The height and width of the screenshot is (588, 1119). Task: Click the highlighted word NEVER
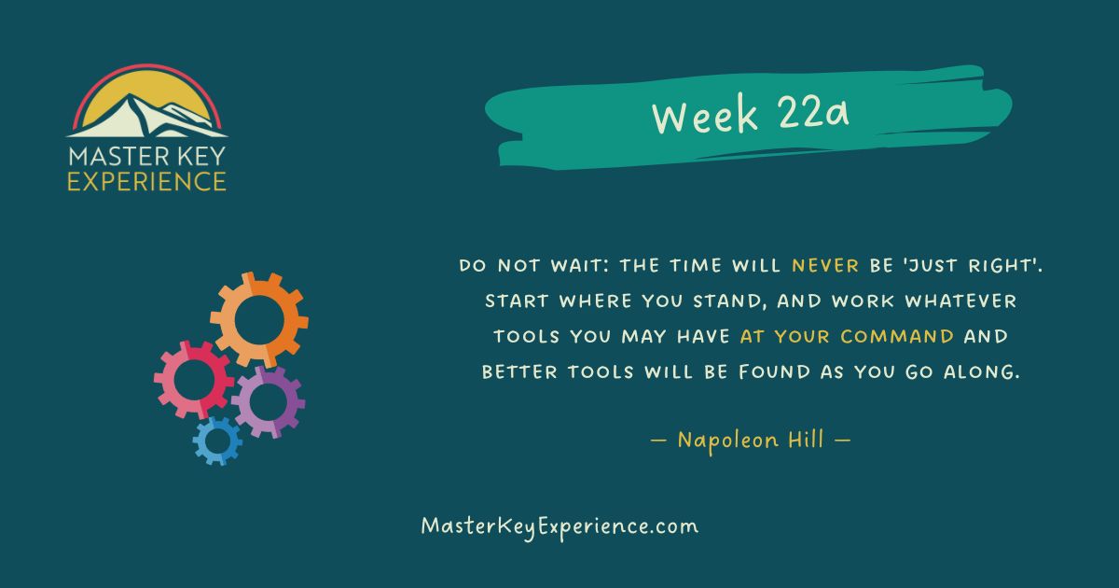click(x=825, y=265)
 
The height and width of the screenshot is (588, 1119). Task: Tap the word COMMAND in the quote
click(x=897, y=337)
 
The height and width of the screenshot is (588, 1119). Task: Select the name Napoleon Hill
click(x=751, y=440)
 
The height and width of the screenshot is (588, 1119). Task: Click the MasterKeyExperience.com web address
click(x=559, y=526)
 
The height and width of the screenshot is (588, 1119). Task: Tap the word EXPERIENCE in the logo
click(x=147, y=181)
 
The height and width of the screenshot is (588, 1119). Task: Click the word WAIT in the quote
click(x=577, y=265)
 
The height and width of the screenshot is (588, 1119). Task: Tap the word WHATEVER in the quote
click(x=961, y=301)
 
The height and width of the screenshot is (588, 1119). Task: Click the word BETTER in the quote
click(x=519, y=372)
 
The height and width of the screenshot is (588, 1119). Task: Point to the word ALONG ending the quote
click(x=980, y=372)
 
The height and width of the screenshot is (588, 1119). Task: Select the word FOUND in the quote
click(x=775, y=372)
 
